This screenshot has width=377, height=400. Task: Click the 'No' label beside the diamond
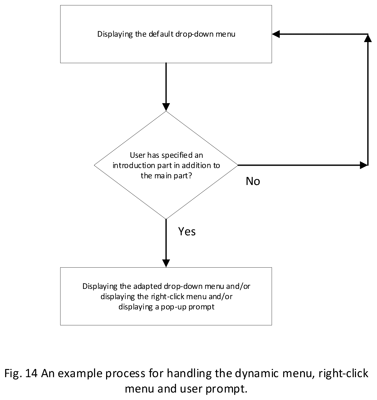(x=253, y=181)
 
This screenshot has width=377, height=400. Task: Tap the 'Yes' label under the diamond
(x=187, y=231)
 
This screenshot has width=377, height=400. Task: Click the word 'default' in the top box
(x=161, y=34)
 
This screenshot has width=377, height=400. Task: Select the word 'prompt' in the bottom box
(x=202, y=307)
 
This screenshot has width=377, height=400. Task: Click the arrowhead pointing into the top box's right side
(x=276, y=34)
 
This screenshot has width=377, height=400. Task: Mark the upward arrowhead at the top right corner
(x=368, y=38)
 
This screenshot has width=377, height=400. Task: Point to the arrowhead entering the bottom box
(x=166, y=264)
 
